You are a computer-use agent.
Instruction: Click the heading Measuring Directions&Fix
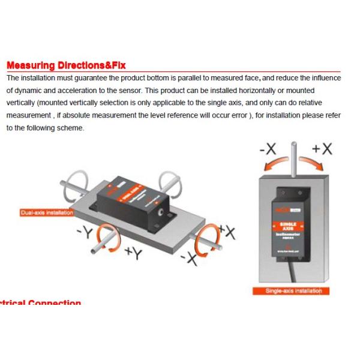pyautogui.click(x=66, y=65)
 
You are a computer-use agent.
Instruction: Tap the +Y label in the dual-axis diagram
pyautogui.click(x=133, y=254)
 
